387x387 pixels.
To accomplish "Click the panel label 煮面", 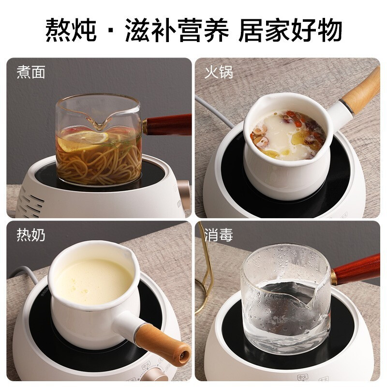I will point(31,73).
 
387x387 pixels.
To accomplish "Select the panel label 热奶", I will point(31,236).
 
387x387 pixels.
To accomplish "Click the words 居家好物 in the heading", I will point(290,30).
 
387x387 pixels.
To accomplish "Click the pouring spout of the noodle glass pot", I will point(100,124).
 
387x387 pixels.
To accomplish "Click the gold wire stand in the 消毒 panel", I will point(207,276).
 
